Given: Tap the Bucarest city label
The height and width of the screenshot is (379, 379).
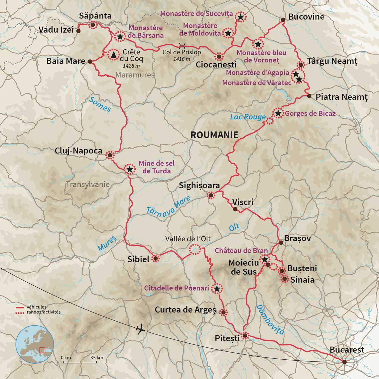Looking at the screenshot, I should click(347, 350).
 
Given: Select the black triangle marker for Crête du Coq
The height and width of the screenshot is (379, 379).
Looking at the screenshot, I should click(114, 55).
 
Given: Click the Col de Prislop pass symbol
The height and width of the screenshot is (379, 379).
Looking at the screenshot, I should click(182, 46).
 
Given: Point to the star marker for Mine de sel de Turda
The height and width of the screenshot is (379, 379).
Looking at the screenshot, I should click(130, 169).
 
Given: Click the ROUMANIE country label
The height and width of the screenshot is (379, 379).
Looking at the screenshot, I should click(214, 135).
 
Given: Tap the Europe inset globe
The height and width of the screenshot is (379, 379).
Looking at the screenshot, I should click(35, 344).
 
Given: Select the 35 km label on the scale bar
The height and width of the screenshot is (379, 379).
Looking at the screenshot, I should click(96, 357).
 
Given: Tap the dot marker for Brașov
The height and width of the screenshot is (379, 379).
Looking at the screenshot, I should click(281, 243).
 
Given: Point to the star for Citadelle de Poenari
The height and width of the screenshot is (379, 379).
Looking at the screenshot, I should click(217, 289).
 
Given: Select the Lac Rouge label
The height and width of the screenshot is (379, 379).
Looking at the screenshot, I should click(248, 117).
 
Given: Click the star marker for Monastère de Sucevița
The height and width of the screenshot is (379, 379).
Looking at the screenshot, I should click(240, 17).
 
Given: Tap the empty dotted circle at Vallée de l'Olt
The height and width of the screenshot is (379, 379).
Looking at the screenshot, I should click(194, 249).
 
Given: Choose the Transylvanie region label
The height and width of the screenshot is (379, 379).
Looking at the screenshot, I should click(88, 185).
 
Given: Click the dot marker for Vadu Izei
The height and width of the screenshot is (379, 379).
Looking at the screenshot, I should click(78, 31).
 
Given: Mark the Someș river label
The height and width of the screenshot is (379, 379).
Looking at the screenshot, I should click(100, 104).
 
